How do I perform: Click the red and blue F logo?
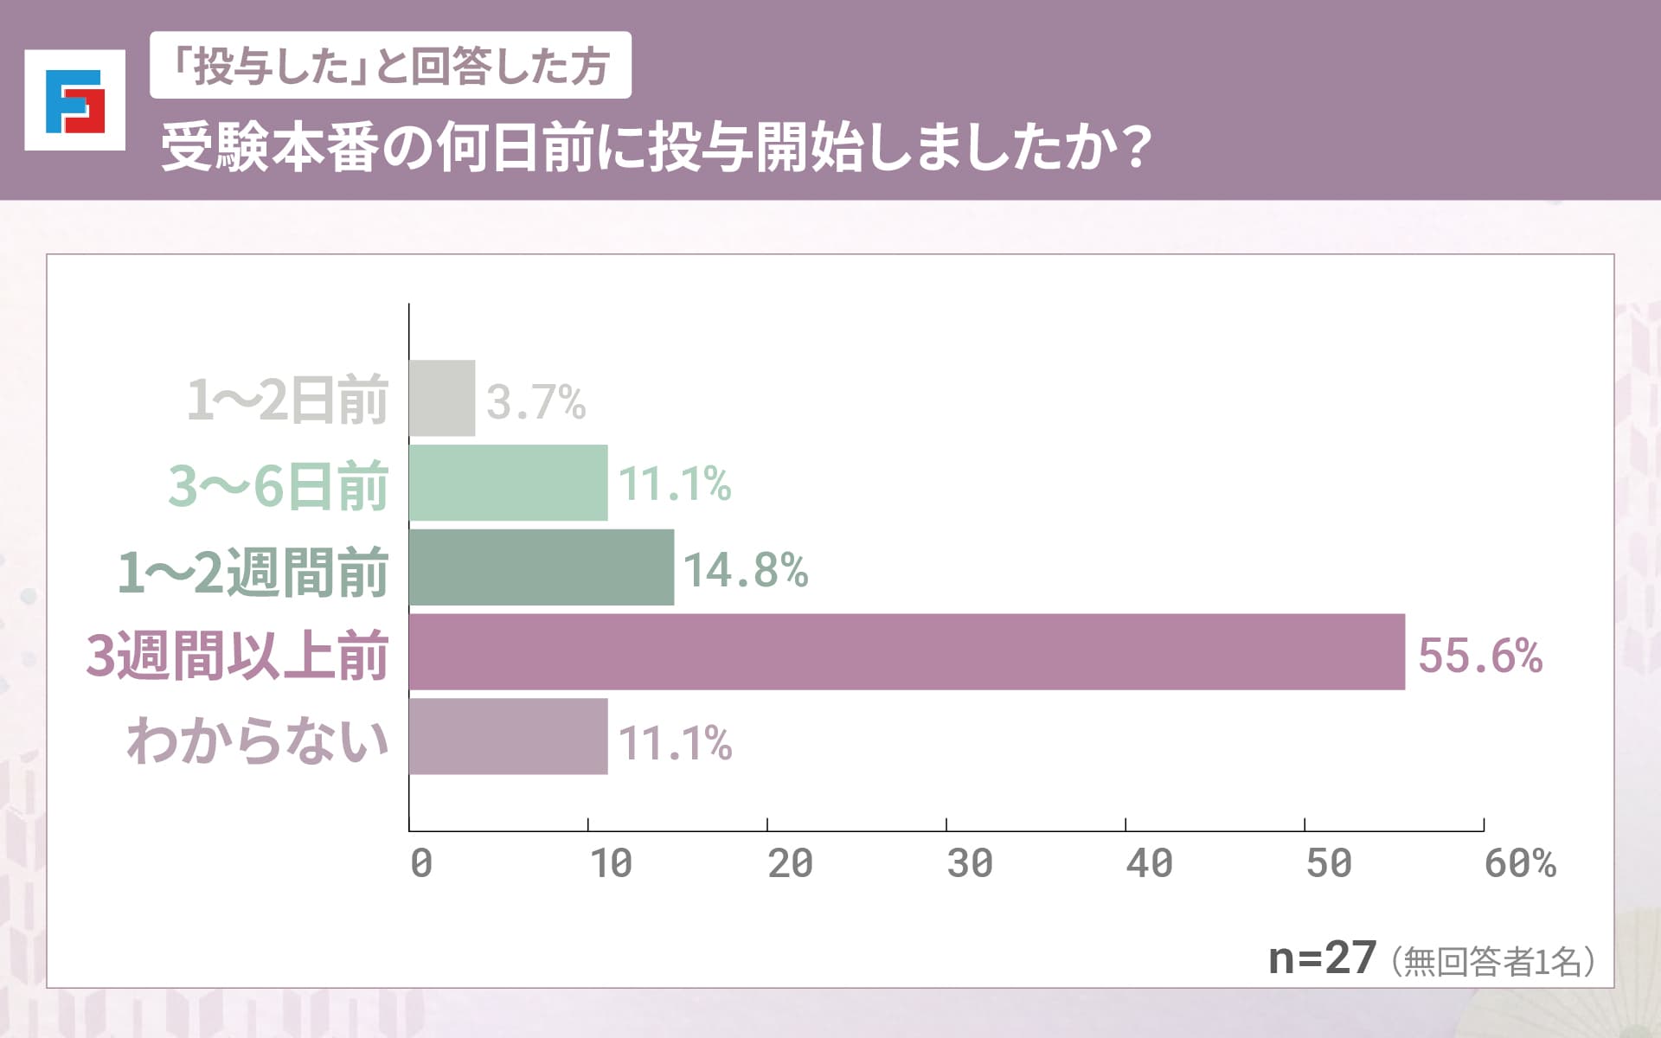point(75,100)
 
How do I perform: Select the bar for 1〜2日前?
point(442,398)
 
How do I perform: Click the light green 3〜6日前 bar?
point(508,483)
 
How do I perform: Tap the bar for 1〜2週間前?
point(541,567)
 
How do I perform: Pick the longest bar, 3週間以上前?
point(907,652)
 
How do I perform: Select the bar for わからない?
point(508,737)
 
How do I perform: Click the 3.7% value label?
point(535,401)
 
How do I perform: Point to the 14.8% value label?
point(746,570)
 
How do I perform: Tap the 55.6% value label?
point(1480,655)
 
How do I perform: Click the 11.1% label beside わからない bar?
point(675,743)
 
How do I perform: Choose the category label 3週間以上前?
point(237,655)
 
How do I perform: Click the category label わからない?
point(258,740)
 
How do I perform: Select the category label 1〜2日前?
point(287,400)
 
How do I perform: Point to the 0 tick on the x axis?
point(421,863)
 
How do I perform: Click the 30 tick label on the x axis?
point(969,863)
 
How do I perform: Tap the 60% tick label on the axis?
point(1519,863)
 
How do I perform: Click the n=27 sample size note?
point(1321,958)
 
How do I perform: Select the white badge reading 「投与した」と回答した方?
point(390,66)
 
